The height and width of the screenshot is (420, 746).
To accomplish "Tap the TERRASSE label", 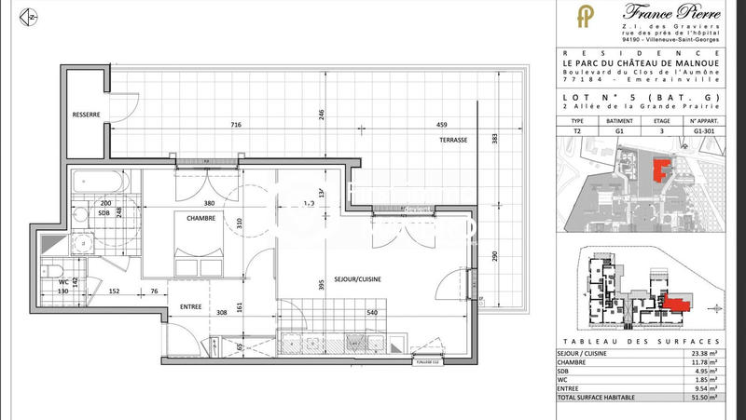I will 454,140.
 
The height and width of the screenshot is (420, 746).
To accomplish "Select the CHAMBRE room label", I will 200,219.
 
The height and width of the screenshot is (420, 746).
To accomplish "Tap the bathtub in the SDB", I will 103,179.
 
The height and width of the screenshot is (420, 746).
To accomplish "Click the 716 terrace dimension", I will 236,125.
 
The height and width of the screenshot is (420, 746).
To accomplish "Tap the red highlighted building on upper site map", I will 663,170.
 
